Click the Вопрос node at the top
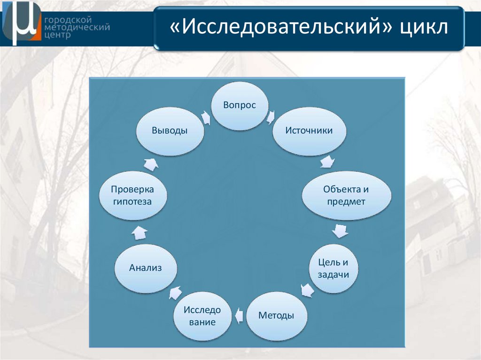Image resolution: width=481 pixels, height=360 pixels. [240, 106]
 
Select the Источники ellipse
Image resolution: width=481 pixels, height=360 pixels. [309, 131]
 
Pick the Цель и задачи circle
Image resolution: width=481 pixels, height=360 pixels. [334, 269]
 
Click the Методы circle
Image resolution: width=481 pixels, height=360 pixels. [277, 316]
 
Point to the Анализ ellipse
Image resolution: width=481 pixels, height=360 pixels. [146, 268]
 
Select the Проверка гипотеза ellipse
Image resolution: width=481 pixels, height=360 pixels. [132, 196]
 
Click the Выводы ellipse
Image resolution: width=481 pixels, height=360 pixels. [170, 131]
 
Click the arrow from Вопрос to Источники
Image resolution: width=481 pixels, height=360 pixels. [271, 116]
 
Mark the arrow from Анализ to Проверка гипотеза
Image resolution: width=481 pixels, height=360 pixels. [140, 231]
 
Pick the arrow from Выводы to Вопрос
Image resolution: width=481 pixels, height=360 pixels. [205, 117]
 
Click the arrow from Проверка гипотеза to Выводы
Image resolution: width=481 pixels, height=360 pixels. [151, 164]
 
